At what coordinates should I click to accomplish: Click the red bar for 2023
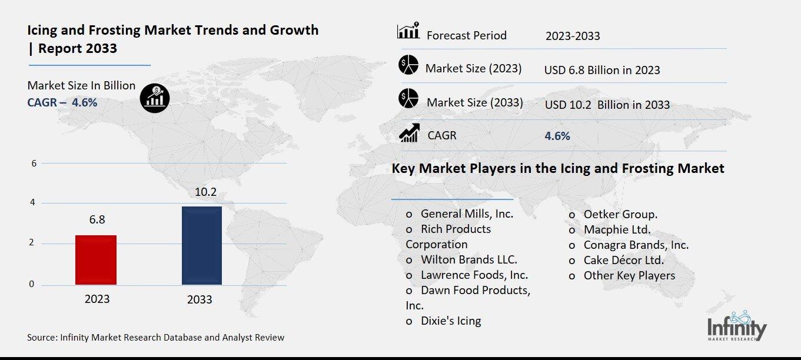(96, 260)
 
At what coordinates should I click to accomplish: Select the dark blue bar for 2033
(201, 245)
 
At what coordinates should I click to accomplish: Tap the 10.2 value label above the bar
(201, 192)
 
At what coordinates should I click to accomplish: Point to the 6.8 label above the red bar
(97, 219)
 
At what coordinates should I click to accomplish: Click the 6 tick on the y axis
(34, 163)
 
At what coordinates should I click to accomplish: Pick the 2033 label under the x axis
(200, 299)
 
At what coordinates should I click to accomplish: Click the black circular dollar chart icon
(155, 97)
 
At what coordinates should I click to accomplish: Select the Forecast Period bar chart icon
(408, 31)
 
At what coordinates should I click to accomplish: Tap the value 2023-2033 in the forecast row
(573, 36)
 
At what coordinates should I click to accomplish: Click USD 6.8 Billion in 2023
(602, 70)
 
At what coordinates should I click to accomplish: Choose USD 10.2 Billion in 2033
(607, 105)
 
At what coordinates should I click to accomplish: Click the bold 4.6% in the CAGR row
(557, 136)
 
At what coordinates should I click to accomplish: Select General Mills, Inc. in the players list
(467, 214)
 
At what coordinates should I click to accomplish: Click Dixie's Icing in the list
(450, 321)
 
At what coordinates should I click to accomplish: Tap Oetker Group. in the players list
(620, 214)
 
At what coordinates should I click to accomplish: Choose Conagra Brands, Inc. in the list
(636, 245)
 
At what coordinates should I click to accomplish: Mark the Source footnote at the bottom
(155, 337)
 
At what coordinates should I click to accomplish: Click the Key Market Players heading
(558, 168)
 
